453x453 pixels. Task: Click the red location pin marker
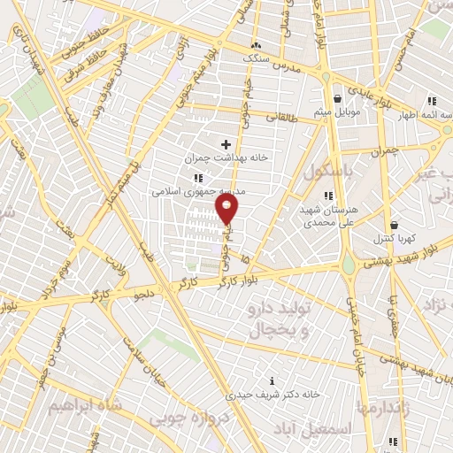pyautogui.click(x=227, y=209)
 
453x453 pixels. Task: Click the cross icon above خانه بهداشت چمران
pyautogui.click(x=226, y=144)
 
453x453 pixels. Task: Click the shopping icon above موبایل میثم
pyautogui.click(x=338, y=99)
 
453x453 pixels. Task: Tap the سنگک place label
pyautogui.click(x=257, y=57)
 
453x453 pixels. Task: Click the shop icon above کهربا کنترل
pyautogui.click(x=393, y=225)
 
